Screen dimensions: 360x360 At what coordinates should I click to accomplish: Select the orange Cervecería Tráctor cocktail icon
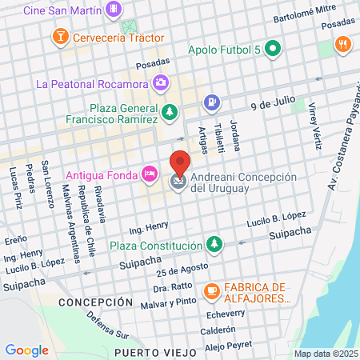click(x=59, y=37)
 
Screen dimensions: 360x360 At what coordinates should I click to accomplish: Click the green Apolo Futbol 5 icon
click(x=274, y=50)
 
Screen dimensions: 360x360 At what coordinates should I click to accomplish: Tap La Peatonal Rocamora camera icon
click(x=162, y=82)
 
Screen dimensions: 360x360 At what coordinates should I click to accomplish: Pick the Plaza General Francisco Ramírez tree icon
click(x=169, y=112)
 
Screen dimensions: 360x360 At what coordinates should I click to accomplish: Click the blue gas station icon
click(x=211, y=102)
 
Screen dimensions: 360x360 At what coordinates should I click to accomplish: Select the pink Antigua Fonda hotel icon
click(x=149, y=174)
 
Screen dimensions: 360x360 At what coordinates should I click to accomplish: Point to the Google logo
click(x=26, y=350)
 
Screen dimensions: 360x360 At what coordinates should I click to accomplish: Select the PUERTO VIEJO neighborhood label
click(x=154, y=351)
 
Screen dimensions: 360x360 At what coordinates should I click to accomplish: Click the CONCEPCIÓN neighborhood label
click(x=95, y=302)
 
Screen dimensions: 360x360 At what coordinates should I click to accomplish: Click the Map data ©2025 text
click(x=325, y=354)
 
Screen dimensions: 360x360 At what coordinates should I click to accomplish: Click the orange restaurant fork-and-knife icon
click(x=344, y=44)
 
